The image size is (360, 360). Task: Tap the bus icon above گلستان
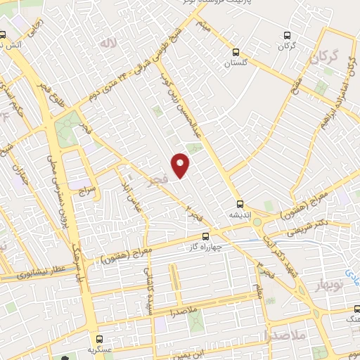pyautogui.click(x=236, y=51)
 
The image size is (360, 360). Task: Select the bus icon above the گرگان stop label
pyautogui.click(x=285, y=34)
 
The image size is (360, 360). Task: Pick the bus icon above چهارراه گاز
pyautogui.click(x=205, y=236)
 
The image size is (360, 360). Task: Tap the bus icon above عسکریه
pyautogui.click(x=99, y=338)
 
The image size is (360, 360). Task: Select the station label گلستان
pyautogui.click(x=237, y=63)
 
